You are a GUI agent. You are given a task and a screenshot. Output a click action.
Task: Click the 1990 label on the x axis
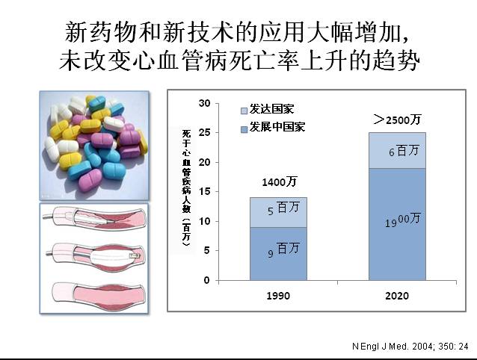coord(278,296)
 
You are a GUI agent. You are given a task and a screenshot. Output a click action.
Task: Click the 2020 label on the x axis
coord(397,296)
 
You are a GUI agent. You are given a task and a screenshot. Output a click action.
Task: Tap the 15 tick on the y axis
coord(205,191)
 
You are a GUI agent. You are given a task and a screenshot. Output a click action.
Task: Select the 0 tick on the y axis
coord(207,281)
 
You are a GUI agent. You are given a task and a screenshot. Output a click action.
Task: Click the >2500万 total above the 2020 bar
coord(397,119)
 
